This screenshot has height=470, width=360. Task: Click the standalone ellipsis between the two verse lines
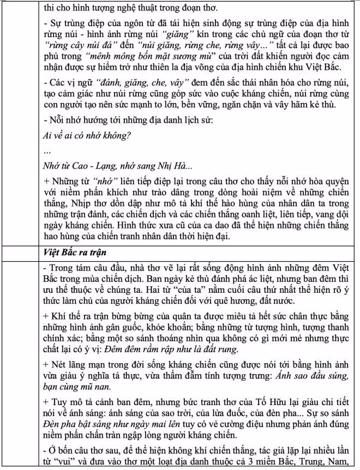47,150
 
